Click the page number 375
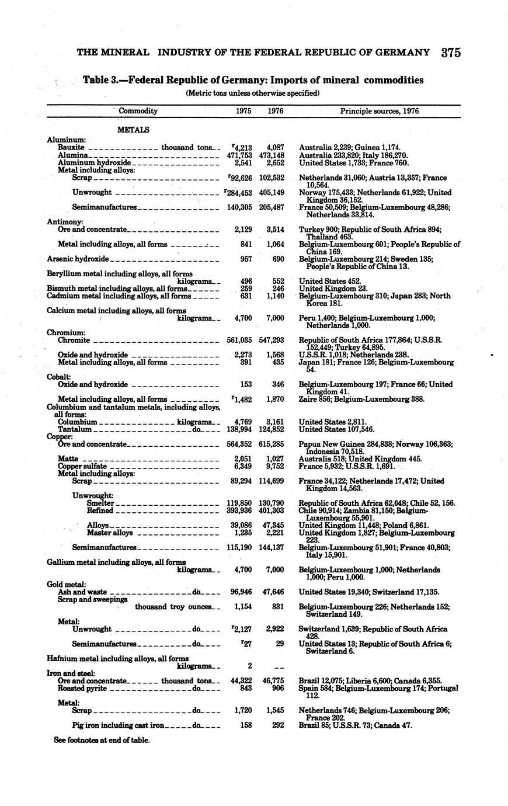click(451, 53)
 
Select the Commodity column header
click(138, 110)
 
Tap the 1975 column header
click(243, 110)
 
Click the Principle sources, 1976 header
click(380, 110)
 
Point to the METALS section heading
click(133, 129)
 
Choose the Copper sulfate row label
click(82, 466)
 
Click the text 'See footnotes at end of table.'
click(102, 740)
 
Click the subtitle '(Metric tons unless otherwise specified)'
click(253, 92)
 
